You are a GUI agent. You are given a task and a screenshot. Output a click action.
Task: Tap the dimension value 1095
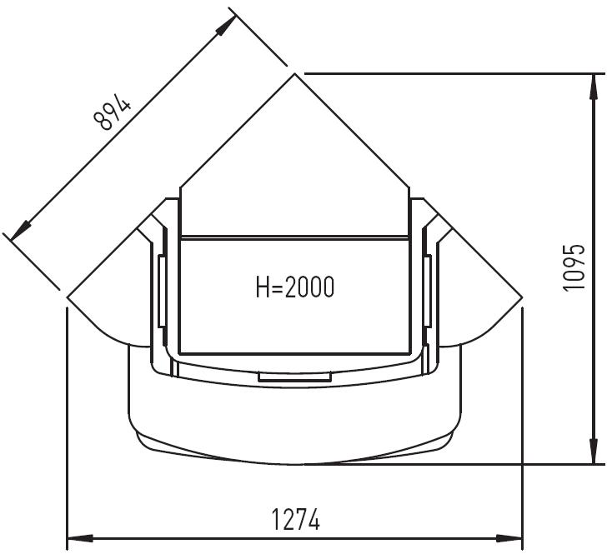point(574,267)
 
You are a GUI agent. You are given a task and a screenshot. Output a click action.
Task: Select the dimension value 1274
point(295,519)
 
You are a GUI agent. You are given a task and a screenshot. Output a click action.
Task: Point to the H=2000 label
point(295,287)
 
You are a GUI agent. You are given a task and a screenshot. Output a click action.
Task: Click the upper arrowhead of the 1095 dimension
point(594,87)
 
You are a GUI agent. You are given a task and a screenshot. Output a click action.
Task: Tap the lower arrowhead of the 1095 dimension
point(594,452)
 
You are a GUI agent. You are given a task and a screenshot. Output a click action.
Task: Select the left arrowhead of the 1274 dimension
point(80,539)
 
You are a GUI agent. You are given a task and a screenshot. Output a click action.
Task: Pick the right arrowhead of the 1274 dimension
point(509,539)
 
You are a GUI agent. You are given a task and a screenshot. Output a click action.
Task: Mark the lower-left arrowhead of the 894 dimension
point(21,230)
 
